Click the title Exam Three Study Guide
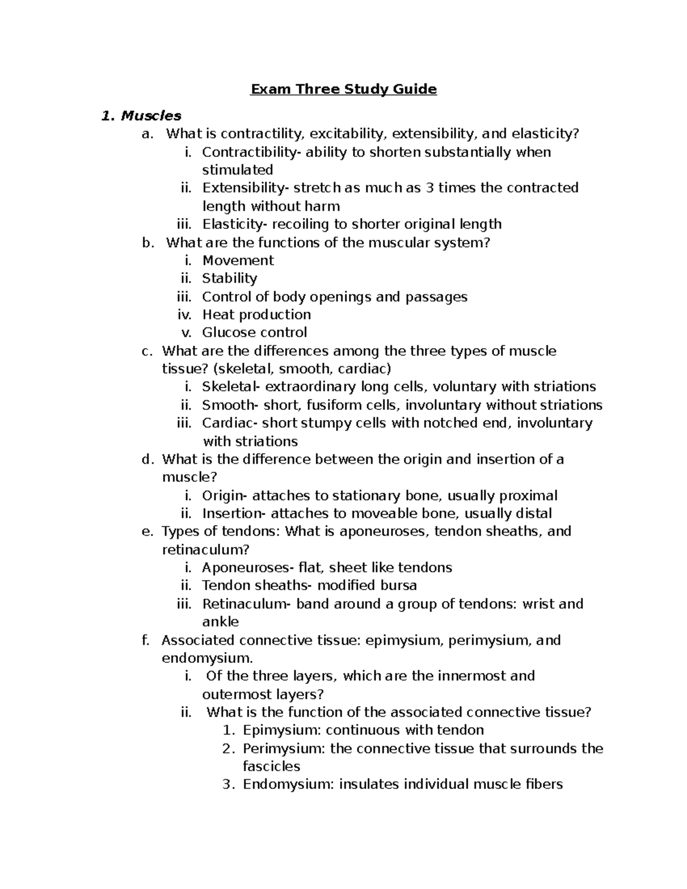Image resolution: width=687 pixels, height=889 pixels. [x=343, y=89]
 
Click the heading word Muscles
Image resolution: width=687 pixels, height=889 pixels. [x=151, y=116]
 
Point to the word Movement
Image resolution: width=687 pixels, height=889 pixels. [x=238, y=260]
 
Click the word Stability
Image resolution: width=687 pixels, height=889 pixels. [x=230, y=278]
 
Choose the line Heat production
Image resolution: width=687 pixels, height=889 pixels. [x=256, y=315]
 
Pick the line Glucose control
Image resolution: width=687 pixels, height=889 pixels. [x=254, y=333]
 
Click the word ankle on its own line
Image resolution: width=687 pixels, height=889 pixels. [x=220, y=622]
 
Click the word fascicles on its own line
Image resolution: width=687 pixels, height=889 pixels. [x=271, y=766]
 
